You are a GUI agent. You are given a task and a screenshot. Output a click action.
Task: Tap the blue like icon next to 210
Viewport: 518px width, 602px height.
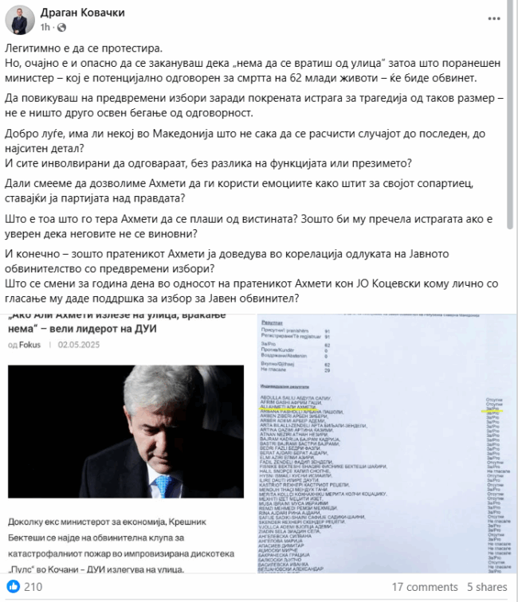[x=14, y=587]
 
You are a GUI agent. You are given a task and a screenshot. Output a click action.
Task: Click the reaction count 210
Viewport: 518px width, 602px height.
[x=33, y=587]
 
